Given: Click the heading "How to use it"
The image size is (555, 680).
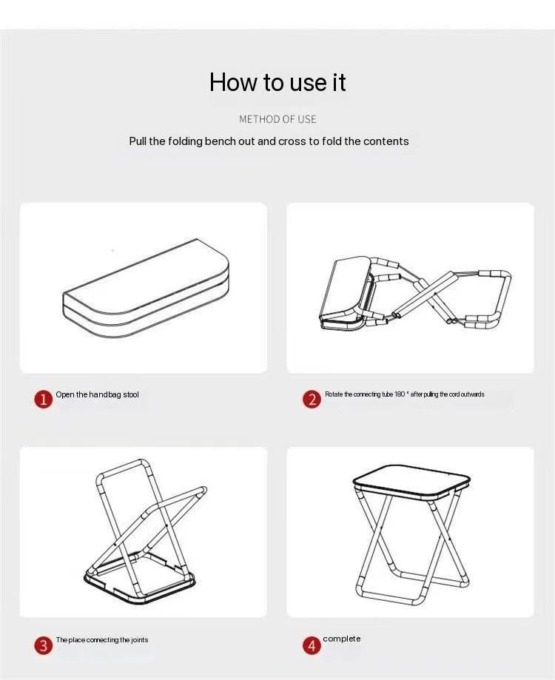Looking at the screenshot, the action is click(277, 82).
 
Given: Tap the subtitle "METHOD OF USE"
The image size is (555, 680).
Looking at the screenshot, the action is click(277, 119).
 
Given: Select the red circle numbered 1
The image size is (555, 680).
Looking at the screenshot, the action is click(44, 399).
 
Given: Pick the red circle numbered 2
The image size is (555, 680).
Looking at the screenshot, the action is click(312, 399).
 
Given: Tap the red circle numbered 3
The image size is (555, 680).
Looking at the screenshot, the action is click(44, 645).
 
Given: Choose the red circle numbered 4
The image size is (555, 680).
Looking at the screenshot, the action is click(312, 645).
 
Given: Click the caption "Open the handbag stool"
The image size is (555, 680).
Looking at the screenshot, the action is click(97, 394).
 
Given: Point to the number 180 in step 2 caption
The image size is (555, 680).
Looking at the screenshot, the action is click(400, 394).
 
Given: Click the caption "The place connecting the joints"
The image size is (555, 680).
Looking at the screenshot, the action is click(102, 639).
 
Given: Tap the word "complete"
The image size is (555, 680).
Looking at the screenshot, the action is click(342, 639).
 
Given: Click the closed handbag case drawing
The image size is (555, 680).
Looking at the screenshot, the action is click(146, 288).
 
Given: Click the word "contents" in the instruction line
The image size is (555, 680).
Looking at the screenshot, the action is click(386, 141).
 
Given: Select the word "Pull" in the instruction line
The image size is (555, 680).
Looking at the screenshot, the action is click(138, 141).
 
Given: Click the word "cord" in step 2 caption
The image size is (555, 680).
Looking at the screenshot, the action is click(454, 394).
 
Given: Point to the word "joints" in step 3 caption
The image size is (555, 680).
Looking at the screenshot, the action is click(140, 639).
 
